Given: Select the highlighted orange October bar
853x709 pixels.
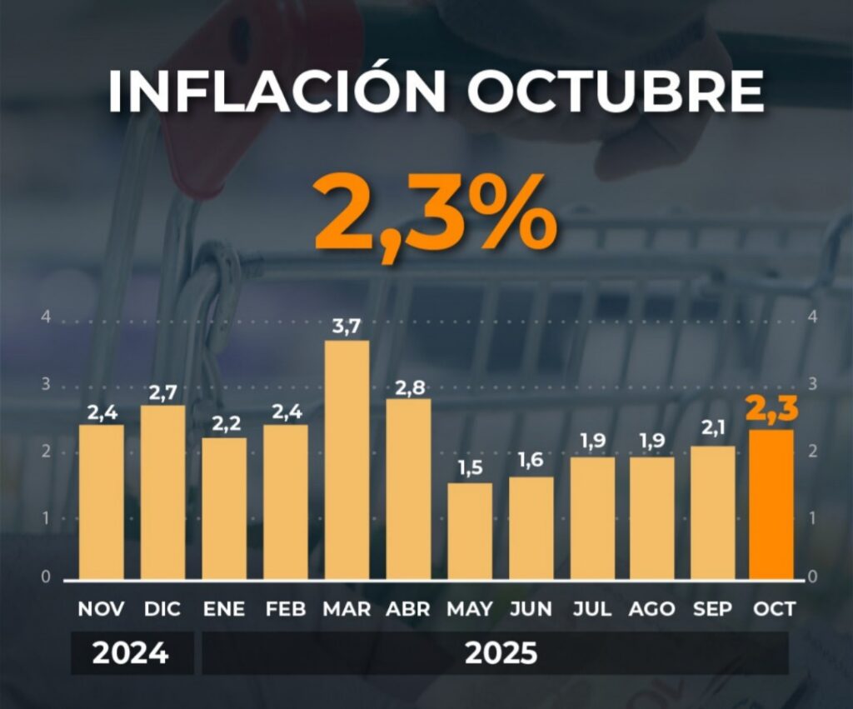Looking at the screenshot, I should click(x=771, y=504).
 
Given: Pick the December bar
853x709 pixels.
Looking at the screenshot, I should click(x=162, y=492).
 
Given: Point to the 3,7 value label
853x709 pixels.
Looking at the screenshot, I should click(x=347, y=327).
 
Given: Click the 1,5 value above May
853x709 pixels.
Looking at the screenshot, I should click(x=470, y=469).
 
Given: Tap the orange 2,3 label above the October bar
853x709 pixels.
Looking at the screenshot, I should click(x=771, y=411).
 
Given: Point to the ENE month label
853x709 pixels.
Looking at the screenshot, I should click(x=224, y=609).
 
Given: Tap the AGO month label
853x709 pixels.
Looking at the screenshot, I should click(x=652, y=609).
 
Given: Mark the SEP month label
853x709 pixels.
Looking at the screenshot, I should click(x=713, y=609).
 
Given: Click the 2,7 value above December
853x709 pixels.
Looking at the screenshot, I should click(x=162, y=392).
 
